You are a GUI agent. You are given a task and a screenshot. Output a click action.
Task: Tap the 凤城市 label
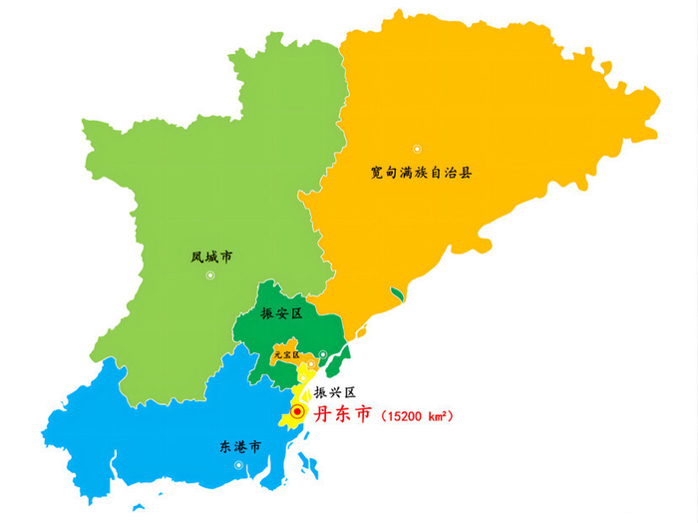pos(211,257)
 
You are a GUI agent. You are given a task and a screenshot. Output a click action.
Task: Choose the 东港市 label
pos(239,446)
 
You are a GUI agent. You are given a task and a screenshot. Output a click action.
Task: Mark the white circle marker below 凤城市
pos(210,276)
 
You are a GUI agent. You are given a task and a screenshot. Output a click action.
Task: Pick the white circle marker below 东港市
pos(238,465)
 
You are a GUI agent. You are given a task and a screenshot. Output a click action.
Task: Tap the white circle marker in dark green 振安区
pos(322,354)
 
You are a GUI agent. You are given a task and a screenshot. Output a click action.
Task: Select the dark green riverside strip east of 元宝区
pos(337,361)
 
